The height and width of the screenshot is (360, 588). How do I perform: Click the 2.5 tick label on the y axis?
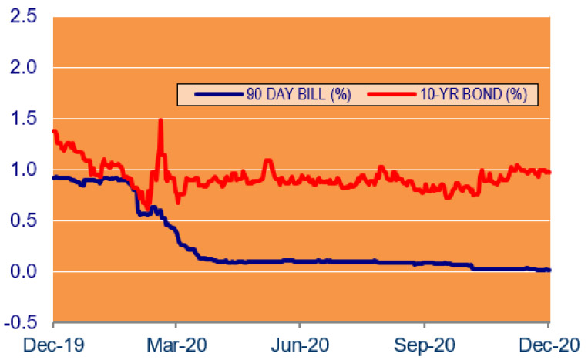pos(22,16)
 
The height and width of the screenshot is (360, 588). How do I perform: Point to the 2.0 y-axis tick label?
pos(22,68)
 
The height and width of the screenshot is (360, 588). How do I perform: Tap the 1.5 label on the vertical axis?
pos(22,119)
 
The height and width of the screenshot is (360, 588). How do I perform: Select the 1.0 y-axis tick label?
pos(22,170)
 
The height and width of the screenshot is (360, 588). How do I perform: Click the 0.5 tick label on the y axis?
pos(22,220)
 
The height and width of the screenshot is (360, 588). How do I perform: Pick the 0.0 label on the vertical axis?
pos(22,271)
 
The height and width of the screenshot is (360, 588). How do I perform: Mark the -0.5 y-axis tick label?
pos(20,322)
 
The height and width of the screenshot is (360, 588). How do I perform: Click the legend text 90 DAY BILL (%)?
pos(287,95)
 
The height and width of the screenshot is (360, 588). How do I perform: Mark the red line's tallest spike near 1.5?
pos(160,120)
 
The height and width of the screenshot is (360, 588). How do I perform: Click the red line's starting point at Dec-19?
pos(53,131)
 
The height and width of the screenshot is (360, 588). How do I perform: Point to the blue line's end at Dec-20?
pos(549,270)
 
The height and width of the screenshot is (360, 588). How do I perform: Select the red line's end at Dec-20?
pos(549,172)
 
